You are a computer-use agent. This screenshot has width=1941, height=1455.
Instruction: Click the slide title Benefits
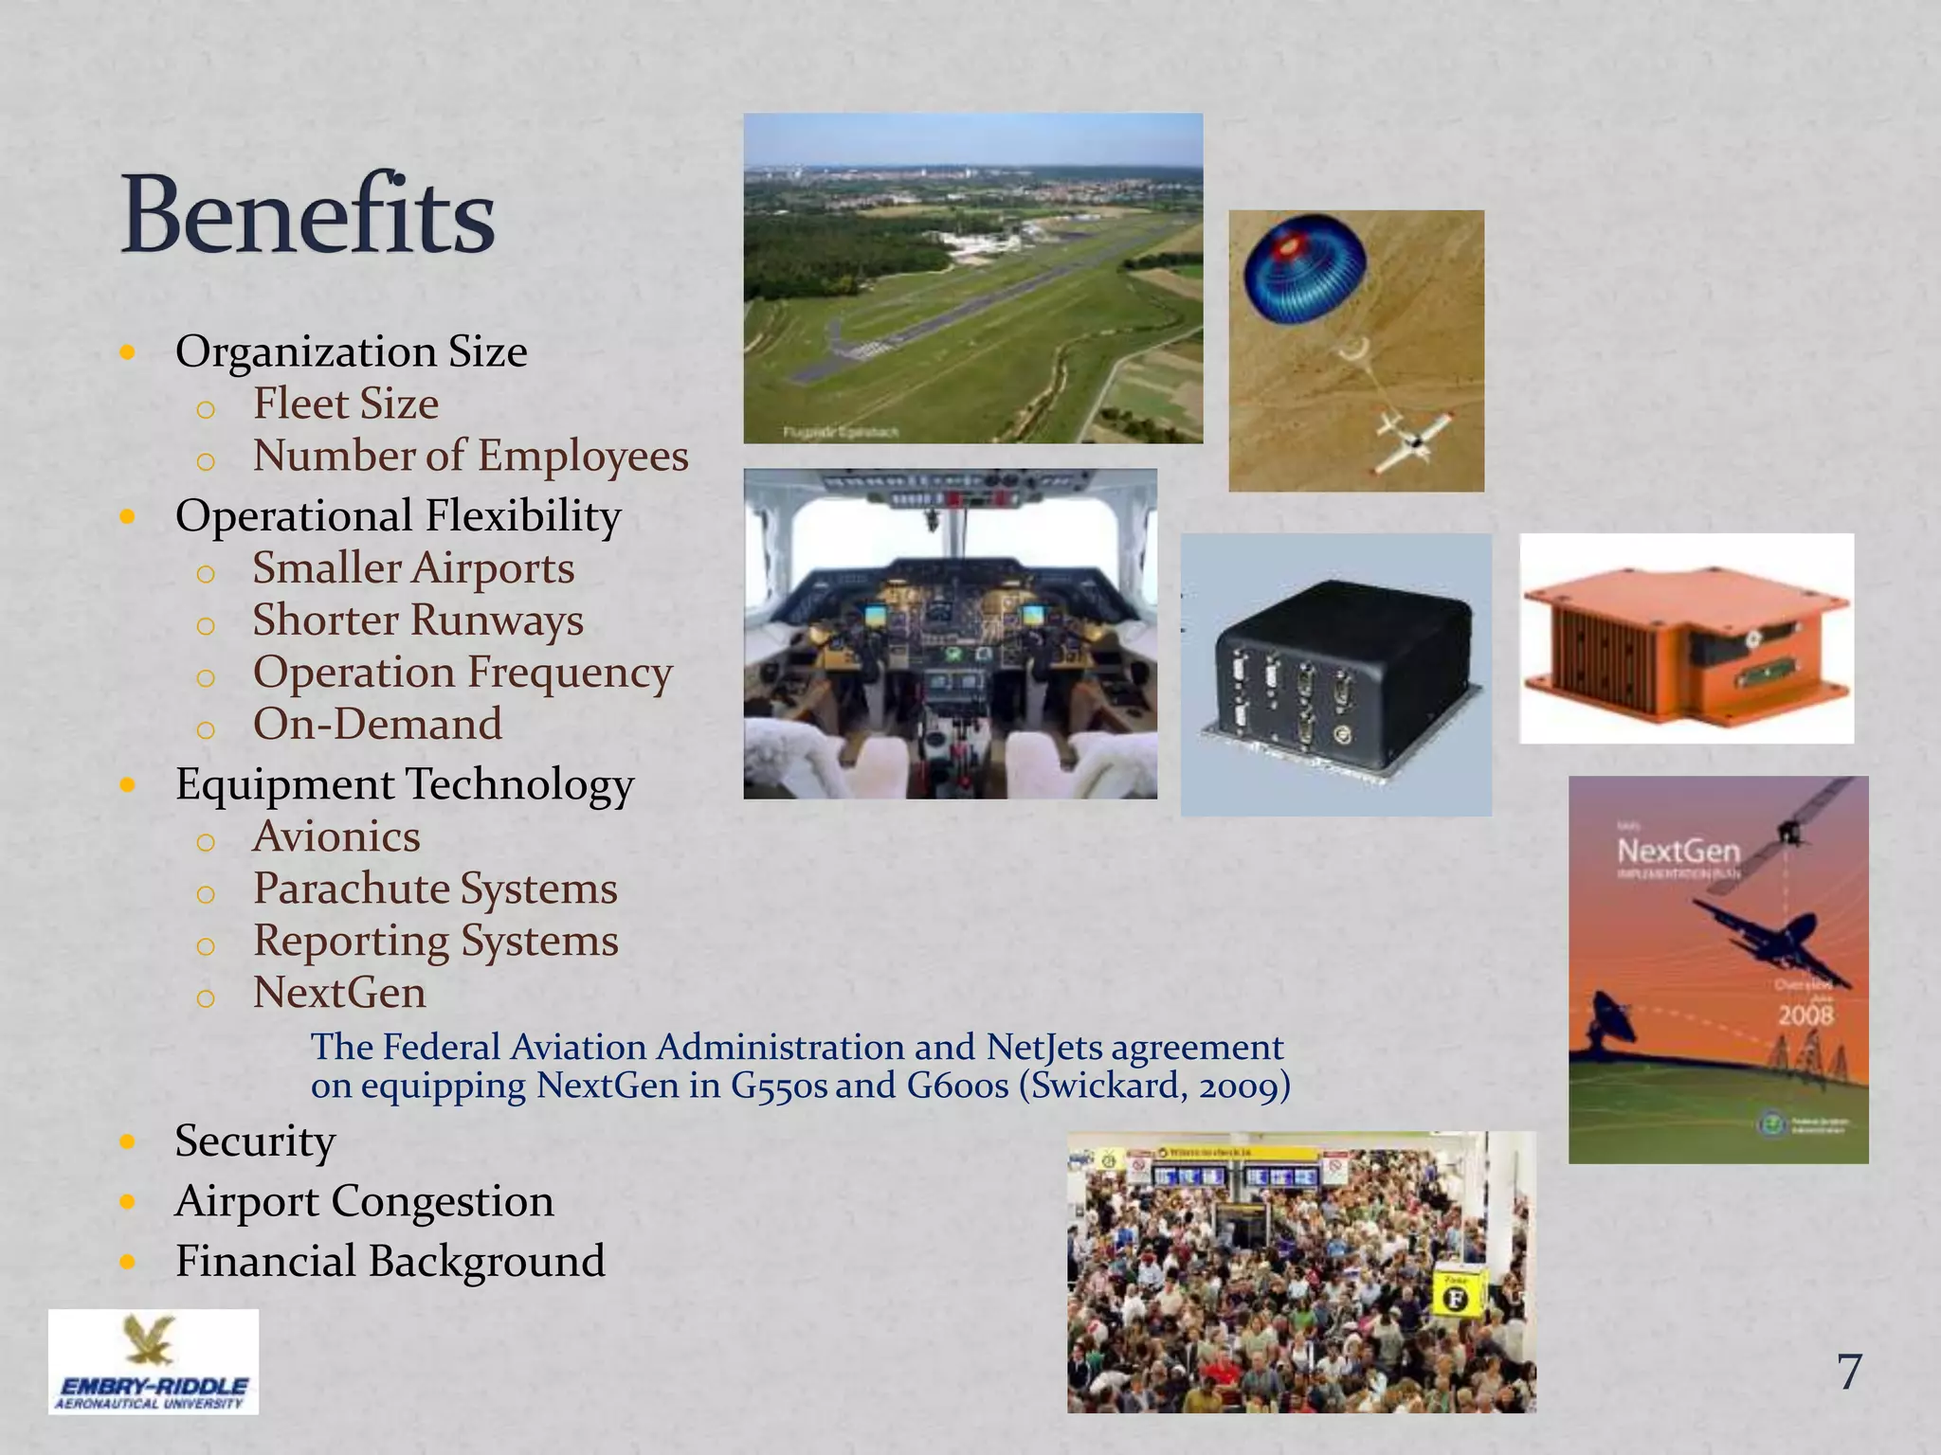(x=308, y=215)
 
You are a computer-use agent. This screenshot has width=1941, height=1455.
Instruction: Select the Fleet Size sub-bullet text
(x=345, y=404)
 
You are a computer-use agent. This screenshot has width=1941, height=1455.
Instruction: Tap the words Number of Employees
(x=470, y=456)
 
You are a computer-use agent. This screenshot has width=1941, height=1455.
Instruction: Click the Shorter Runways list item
(x=417, y=620)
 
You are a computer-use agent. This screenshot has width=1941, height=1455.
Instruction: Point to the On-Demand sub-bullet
(x=377, y=725)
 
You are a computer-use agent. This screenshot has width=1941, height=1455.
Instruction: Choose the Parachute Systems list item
(x=435, y=889)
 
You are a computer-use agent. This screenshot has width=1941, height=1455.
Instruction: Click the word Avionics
(x=336, y=837)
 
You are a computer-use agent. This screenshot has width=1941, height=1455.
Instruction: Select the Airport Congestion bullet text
(x=364, y=1201)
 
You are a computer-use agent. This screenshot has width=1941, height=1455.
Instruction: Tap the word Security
(x=255, y=1141)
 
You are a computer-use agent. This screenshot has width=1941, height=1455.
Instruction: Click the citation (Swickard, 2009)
(x=1154, y=1086)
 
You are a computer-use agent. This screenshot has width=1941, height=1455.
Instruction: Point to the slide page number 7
(x=1849, y=1372)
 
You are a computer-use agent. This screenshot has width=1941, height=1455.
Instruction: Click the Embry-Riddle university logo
(x=154, y=1362)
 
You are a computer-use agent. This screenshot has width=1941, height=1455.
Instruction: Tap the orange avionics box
(x=1685, y=639)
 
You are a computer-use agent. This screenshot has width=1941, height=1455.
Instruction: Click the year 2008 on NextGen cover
(x=1805, y=1016)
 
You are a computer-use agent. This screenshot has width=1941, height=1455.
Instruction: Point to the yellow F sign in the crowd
(x=1456, y=1298)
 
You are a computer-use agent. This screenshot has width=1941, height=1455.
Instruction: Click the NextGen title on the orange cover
(x=1678, y=851)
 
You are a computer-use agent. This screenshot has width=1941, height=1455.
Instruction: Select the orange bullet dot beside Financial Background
(x=129, y=1262)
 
